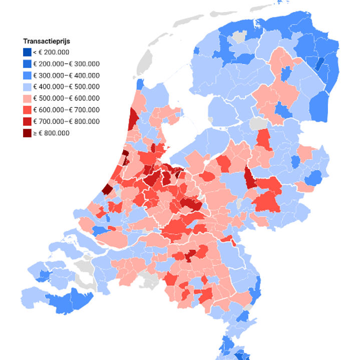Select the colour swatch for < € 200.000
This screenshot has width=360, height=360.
(x=27, y=52)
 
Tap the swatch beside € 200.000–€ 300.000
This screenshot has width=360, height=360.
(x=27, y=64)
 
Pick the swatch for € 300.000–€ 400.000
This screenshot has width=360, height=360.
(x=27, y=75)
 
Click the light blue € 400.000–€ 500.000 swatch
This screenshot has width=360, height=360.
(x=27, y=87)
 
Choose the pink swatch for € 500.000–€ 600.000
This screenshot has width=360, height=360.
(x=27, y=98)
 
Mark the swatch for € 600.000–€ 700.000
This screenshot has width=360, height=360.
(x=27, y=110)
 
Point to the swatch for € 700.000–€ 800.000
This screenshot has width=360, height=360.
(x=27, y=121)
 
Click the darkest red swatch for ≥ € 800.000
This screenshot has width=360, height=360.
(x=27, y=133)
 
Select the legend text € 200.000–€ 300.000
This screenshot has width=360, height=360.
(x=66, y=64)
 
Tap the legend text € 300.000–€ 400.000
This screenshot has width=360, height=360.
(x=66, y=75)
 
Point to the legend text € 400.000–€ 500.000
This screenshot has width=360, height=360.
(x=66, y=87)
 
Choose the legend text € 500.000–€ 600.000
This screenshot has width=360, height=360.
(x=66, y=98)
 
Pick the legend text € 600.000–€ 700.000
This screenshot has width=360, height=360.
(x=66, y=110)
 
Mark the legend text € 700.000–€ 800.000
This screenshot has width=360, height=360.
(x=66, y=121)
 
